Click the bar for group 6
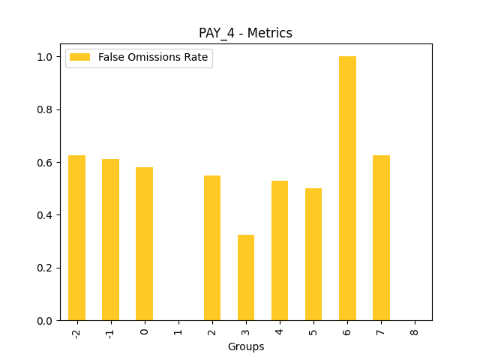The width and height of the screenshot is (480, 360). (x=347, y=188)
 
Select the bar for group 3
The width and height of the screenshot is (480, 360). (x=246, y=277)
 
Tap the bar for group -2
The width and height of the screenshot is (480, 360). (x=76, y=238)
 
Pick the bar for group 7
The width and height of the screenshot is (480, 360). (x=381, y=238)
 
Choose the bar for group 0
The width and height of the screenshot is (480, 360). (x=144, y=244)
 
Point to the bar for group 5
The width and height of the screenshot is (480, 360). (x=313, y=254)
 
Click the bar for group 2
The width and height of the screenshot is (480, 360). (x=212, y=247)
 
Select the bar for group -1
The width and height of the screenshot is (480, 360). (x=110, y=240)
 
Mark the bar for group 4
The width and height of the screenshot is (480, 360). (x=280, y=250)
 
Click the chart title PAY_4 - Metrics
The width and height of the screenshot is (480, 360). (x=245, y=33)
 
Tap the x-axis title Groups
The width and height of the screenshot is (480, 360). (x=246, y=346)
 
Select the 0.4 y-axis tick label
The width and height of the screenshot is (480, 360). (x=45, y=215)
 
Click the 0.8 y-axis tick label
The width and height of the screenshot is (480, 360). (x=45, y=109)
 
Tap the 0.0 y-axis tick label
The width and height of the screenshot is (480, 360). (x=45, y=321)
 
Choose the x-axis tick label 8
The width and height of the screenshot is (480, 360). (x=415, y=330)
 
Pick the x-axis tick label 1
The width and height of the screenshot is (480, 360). (x=178, y=330)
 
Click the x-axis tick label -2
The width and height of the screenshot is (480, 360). (x=76, y=332)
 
